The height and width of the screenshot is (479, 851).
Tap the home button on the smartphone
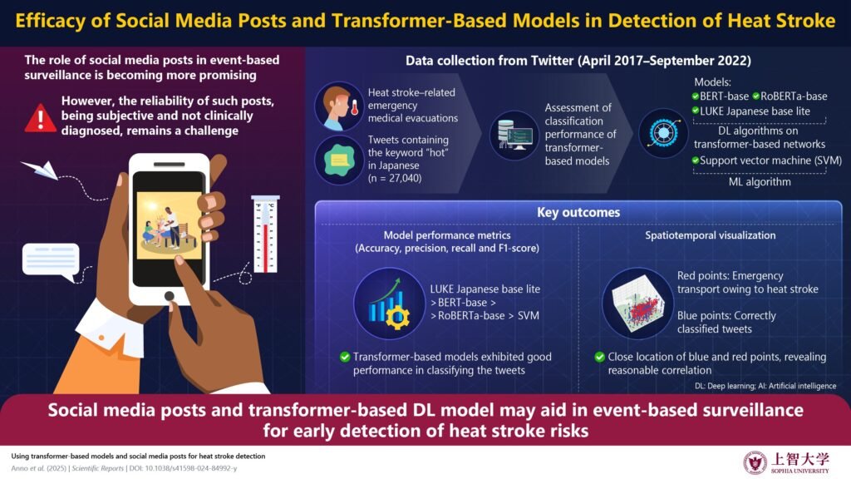coord(170,295)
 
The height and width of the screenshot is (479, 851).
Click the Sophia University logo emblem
coord(755,462)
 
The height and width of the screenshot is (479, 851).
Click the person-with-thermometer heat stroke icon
coord(337,109)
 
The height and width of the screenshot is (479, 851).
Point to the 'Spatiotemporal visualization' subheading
coord(711,235)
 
